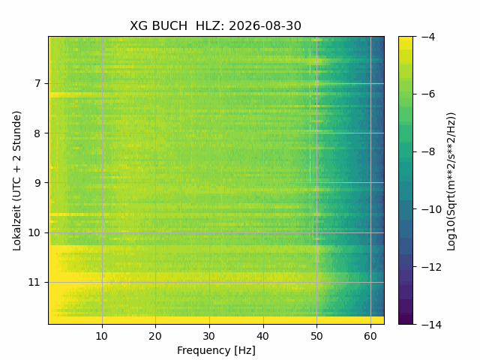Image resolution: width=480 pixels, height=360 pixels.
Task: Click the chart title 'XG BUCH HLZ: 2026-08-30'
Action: pos(215,25)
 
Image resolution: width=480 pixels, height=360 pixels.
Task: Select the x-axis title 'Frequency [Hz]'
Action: pos(216,350)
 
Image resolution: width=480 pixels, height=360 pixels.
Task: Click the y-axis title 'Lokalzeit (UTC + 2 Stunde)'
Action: pos(17,181)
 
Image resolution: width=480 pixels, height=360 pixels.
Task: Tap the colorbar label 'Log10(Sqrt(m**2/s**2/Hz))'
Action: pos(451,181)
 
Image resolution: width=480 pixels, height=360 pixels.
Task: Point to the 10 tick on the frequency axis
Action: pos(102,336)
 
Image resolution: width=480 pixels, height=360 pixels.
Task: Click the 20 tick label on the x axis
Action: pos(155,336)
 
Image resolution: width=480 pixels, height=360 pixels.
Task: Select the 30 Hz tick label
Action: pos(209,336)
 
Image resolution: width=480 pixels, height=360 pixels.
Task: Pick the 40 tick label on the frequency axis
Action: pos(263,336)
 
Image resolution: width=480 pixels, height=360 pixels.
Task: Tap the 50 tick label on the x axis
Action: pos(316,336)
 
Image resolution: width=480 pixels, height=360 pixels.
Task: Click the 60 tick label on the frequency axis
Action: pos(370,336)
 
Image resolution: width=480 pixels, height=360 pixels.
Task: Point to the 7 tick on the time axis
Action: pos(37,83)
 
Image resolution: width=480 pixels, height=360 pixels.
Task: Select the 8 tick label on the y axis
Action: pos(37,133)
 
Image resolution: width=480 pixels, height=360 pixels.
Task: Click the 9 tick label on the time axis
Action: pos(37,183)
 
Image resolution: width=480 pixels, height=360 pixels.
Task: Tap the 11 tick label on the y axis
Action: pos(34,282)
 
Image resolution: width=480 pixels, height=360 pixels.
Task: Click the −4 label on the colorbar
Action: pos(428,37)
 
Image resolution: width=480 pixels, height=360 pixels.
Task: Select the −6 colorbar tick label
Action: pos(428,94)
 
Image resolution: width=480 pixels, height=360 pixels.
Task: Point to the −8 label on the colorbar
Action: pos(428,151)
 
